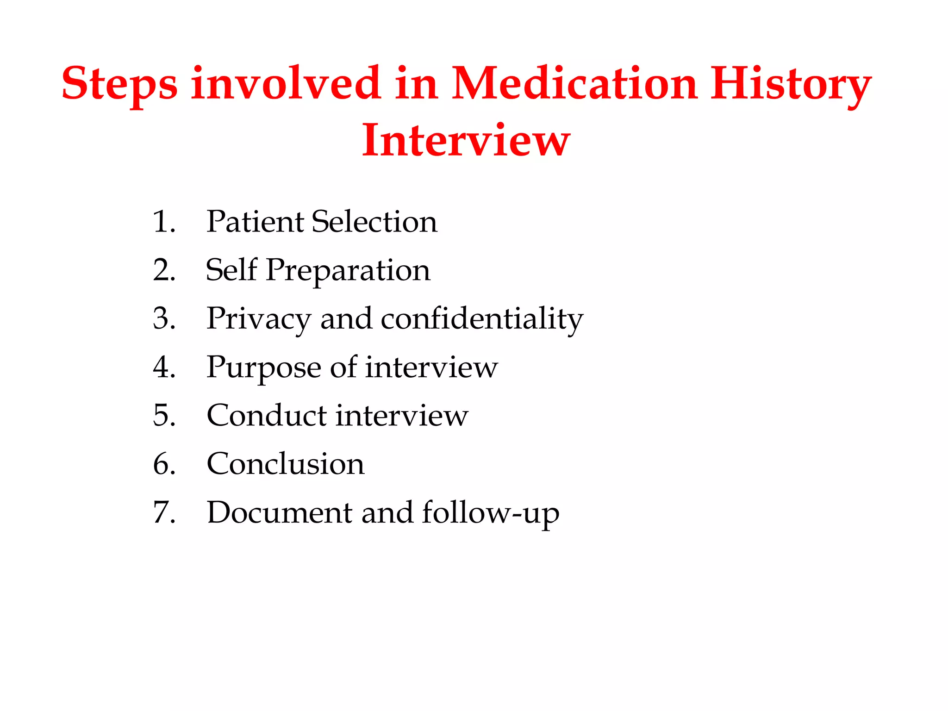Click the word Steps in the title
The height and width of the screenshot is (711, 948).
click(119, 85)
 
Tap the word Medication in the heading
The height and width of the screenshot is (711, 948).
click(574, 84)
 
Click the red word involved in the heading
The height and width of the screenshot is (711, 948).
click(286, 84)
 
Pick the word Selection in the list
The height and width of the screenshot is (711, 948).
click(374, 222)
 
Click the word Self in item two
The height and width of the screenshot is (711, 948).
click(231, 270)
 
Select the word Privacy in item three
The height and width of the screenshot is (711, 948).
click(259, 319)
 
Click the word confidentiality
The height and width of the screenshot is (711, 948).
click(482, 319)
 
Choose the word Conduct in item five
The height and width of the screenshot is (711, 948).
click(266, 415)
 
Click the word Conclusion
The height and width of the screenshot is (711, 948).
click(285, 464)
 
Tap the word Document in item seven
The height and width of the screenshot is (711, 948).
click(279, 512)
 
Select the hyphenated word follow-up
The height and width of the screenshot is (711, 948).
click(490, 513)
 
